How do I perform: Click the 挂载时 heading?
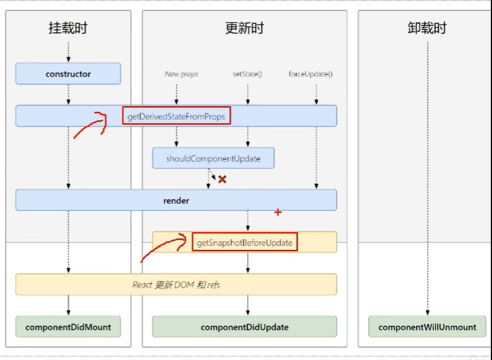[68, 28]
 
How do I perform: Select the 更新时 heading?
[244, 28]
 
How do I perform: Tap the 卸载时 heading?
[427, 28]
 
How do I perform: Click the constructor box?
[68, 74]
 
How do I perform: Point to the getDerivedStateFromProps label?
[176, 116]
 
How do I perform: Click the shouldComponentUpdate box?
[213, 158]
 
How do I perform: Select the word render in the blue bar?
[176, 200]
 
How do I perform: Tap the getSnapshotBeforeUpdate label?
[244, 242]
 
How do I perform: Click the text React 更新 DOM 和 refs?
[176, 284]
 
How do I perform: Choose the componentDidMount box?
[68, 327]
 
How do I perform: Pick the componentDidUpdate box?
[244, 327]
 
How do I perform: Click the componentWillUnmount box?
[427, 327]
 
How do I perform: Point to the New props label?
[182, 74]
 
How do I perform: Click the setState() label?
[247, 74]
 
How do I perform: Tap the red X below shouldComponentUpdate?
[222, 179]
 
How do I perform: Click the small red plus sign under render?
[278, 212]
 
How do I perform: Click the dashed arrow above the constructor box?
[68, 51]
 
